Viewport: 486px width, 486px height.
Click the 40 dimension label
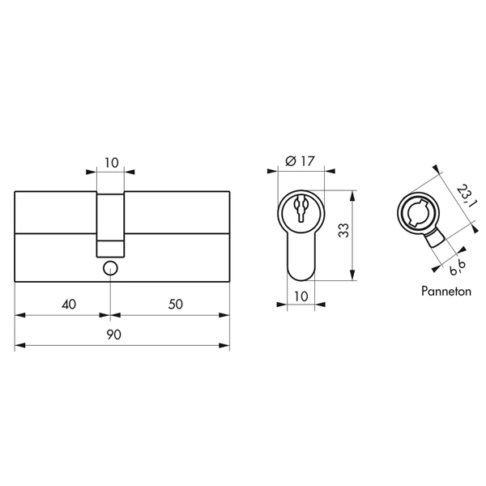(x=69, y=305)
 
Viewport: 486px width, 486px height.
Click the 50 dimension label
(x=176, y=304)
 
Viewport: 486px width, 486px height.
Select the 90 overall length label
(x=113, y=335)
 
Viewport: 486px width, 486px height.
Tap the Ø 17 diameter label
(x=300, y=161)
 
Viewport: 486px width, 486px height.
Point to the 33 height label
(x=343, y=230)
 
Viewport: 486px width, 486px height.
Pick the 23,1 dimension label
(x=464, y=196)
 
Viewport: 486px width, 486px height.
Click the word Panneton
(x=446, y=292)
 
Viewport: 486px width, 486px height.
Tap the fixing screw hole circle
(x=110, y=268)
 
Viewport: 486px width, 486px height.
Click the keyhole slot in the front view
(x=301, y=208)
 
